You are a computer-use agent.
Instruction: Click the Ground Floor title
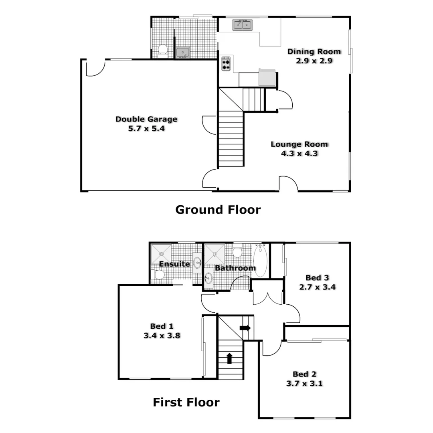(x=218, y=209)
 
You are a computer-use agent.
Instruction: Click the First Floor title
(x=186, y=402)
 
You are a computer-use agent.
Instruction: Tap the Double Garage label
(x=146, y=119)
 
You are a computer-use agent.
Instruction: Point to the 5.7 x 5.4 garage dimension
(x=146, y=129)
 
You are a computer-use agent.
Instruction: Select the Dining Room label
(x=314, y=51)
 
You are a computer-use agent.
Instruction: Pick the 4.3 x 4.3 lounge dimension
(x=299, y=153)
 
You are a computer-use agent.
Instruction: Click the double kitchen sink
(x=242, y=25)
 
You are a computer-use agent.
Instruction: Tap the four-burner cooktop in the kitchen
(x=226, y=64)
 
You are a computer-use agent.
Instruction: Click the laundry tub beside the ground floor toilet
(x=183, y=52)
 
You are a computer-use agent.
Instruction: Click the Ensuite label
(x=174, y=264)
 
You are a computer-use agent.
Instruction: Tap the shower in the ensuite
(x=161, y=253)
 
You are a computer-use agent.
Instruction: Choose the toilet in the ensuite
(x=159, y=275)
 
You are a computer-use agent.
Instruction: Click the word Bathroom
(x=235, y=268)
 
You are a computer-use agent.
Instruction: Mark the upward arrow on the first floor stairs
(x=230, y=358)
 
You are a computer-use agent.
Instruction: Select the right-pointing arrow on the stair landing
(x=245, y=328)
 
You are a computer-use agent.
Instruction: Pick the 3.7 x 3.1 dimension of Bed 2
(x=304, y=383)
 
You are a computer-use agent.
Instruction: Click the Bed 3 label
(x=314, y=277)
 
